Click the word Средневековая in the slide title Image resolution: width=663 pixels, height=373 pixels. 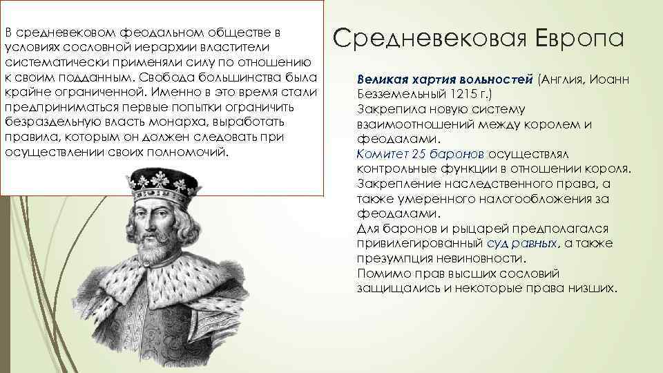coord(432,37)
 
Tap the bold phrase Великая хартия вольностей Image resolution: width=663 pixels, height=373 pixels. coord(446,79)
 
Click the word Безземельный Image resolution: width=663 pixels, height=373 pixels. coord(400,93)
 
